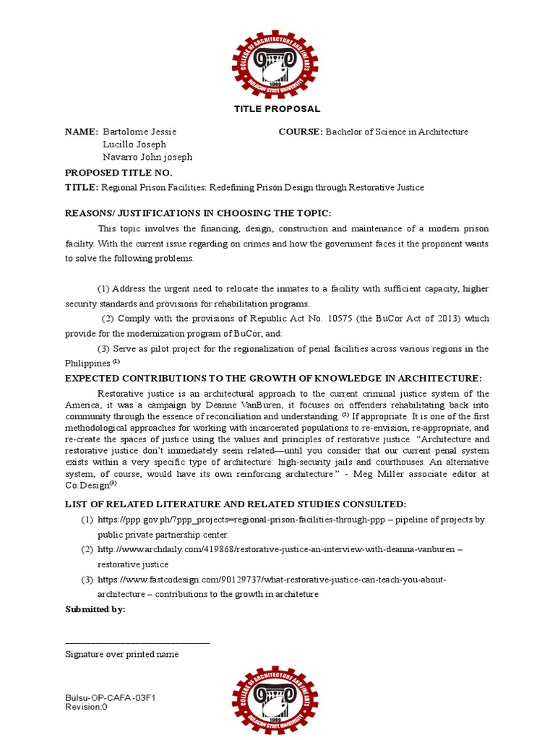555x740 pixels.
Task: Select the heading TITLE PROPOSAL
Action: (277, 109)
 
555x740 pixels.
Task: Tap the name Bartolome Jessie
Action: (139, 132)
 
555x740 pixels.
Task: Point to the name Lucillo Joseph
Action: (134, 145)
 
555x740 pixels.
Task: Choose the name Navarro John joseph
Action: (147, 157)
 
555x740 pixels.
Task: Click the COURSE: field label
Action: (301, 132)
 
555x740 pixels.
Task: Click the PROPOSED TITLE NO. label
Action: (119, 173)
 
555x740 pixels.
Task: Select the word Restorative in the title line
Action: (373, 188)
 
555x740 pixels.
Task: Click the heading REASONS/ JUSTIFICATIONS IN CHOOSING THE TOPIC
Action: (198, 212)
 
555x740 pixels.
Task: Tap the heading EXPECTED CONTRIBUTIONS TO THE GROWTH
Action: (273, 378)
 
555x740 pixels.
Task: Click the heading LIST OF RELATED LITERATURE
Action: (236, 504)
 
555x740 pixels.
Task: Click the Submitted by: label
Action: (95, 609)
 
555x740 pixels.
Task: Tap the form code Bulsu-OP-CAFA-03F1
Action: (111, 698)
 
